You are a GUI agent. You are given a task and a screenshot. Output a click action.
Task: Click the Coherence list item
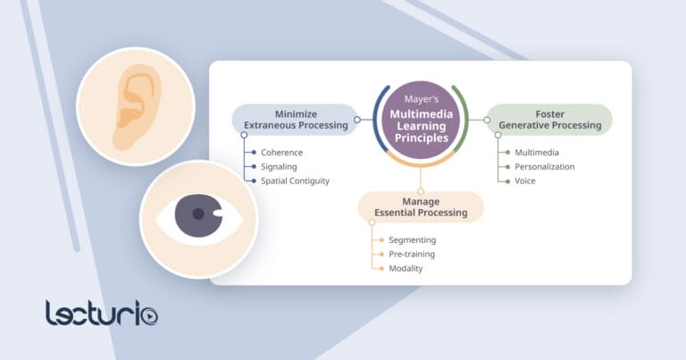point(282,152)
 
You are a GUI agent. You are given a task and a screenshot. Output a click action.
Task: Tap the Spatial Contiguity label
point(295,180)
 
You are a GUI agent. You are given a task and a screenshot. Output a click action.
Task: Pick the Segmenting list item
point(412,239)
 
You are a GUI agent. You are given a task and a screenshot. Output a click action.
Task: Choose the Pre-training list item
point(412,254)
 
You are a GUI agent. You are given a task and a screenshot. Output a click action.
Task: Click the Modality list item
point(406,268)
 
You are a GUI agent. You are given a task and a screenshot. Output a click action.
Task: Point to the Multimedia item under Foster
point(537,152)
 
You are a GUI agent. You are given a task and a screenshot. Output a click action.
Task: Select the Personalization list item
point(544,166)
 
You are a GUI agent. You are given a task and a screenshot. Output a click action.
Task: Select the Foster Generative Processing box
point(555,120)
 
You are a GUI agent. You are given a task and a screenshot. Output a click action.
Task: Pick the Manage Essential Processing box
point(421,206)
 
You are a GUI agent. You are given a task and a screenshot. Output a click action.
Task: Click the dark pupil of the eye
point(197,216)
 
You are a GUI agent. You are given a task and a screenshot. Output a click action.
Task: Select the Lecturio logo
point(102,313)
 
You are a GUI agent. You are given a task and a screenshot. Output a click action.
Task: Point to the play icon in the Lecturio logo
point(149,315)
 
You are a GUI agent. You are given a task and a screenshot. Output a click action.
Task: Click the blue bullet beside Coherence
point(254,152)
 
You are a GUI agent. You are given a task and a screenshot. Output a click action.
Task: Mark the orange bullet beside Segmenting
point(381,239)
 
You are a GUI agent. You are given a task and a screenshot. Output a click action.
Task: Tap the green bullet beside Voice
point(507,180)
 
